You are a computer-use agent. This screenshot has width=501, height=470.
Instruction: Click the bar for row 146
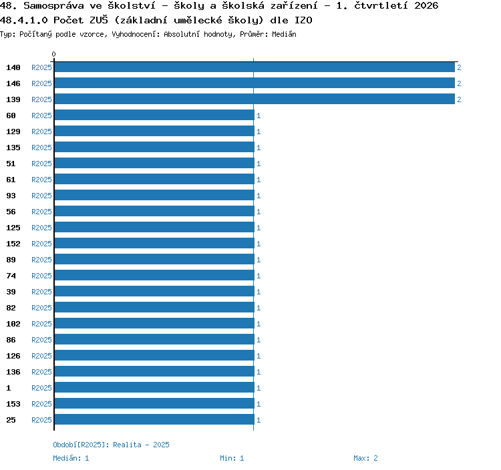[x=255, y=83]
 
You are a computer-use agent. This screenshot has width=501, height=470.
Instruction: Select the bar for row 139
[x=255, y=99]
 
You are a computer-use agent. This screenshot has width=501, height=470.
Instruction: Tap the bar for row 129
[x=154, y=131]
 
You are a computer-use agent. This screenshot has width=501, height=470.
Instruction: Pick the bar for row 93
[x=154, y=195]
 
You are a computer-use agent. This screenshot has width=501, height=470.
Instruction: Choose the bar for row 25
[x=154, y=419]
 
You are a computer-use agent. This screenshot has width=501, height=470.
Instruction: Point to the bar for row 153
[x=154, y=403]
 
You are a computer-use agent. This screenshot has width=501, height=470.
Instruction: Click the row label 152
[x=13, y=244]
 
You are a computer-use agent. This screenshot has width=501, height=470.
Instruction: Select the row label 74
[x=11, y=276]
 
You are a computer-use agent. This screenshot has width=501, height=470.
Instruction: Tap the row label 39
[x=11, y=292]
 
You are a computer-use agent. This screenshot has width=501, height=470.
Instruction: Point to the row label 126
[x=13, y=356]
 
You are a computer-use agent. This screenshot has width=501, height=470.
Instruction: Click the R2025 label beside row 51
[x=41, y=164]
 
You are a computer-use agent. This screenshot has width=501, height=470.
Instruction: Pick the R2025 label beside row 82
[x=41, y=308]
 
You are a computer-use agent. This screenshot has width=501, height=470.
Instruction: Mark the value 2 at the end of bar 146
[x=459, y=83]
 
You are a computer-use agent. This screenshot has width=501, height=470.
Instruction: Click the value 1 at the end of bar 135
[x=259, y=148]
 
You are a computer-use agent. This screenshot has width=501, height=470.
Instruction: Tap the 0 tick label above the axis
[x=53, y=54]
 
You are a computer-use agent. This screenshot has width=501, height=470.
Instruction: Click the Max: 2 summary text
[x=365, y=458]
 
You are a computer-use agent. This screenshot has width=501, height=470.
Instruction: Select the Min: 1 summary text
[x=232, y=458]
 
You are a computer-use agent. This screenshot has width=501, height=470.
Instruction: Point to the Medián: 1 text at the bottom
[x=71, y=458]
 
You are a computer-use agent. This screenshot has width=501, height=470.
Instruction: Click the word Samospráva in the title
[x=53, y=6]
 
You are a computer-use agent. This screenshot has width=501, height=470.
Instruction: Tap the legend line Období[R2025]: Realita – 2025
[x=111, y=445]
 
